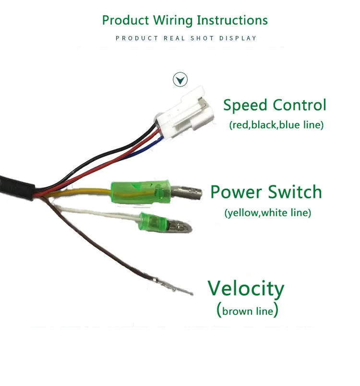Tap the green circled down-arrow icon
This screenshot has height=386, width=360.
pyautogui.click(x=180, y=79)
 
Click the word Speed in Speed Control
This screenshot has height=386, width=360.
pyautogui.click(x=245, y=105)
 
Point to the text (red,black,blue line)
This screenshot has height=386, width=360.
pyautogui.click(x=276, y=125)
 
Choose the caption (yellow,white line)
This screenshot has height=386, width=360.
pyautogui.click(x=267, y=212)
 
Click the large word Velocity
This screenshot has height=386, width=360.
pyautogui.click(x=246, y=289)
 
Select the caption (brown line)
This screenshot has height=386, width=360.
pyautogui.click(x=248, y=311)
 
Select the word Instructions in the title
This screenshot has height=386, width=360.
pyautogui.click(x=232, y=20)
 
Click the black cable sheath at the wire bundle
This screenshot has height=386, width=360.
pyautogui.click(x=17, y=185)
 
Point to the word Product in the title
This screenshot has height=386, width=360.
pyautogui.click(x=126, y=20)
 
